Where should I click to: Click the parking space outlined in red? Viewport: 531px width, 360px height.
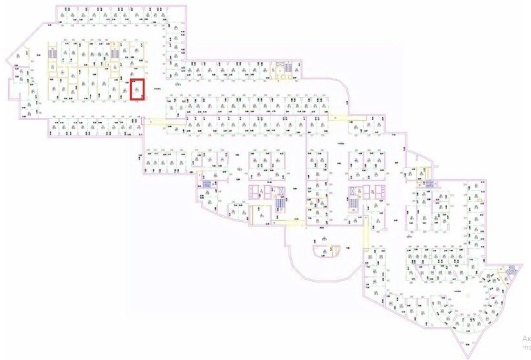pos(137,89)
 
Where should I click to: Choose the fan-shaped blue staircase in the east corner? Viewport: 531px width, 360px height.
pos(512,268)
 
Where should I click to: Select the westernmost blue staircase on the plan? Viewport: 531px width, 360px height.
pos(52,53)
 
